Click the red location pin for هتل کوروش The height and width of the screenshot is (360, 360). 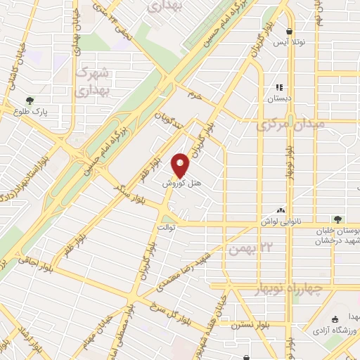[x=181, y=165]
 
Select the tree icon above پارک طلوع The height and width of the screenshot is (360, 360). [x=29, y=100]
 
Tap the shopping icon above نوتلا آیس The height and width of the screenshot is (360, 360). [x=290, y=31]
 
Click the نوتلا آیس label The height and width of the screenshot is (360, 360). [x=290, y=43]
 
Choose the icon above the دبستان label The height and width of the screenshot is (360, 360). [x=280, y=87]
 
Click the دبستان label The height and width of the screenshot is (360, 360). [x=280, y=99]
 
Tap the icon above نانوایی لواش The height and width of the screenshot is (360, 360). [x=281, y=210]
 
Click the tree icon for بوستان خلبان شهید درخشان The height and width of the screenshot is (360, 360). [x=339, y=219]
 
